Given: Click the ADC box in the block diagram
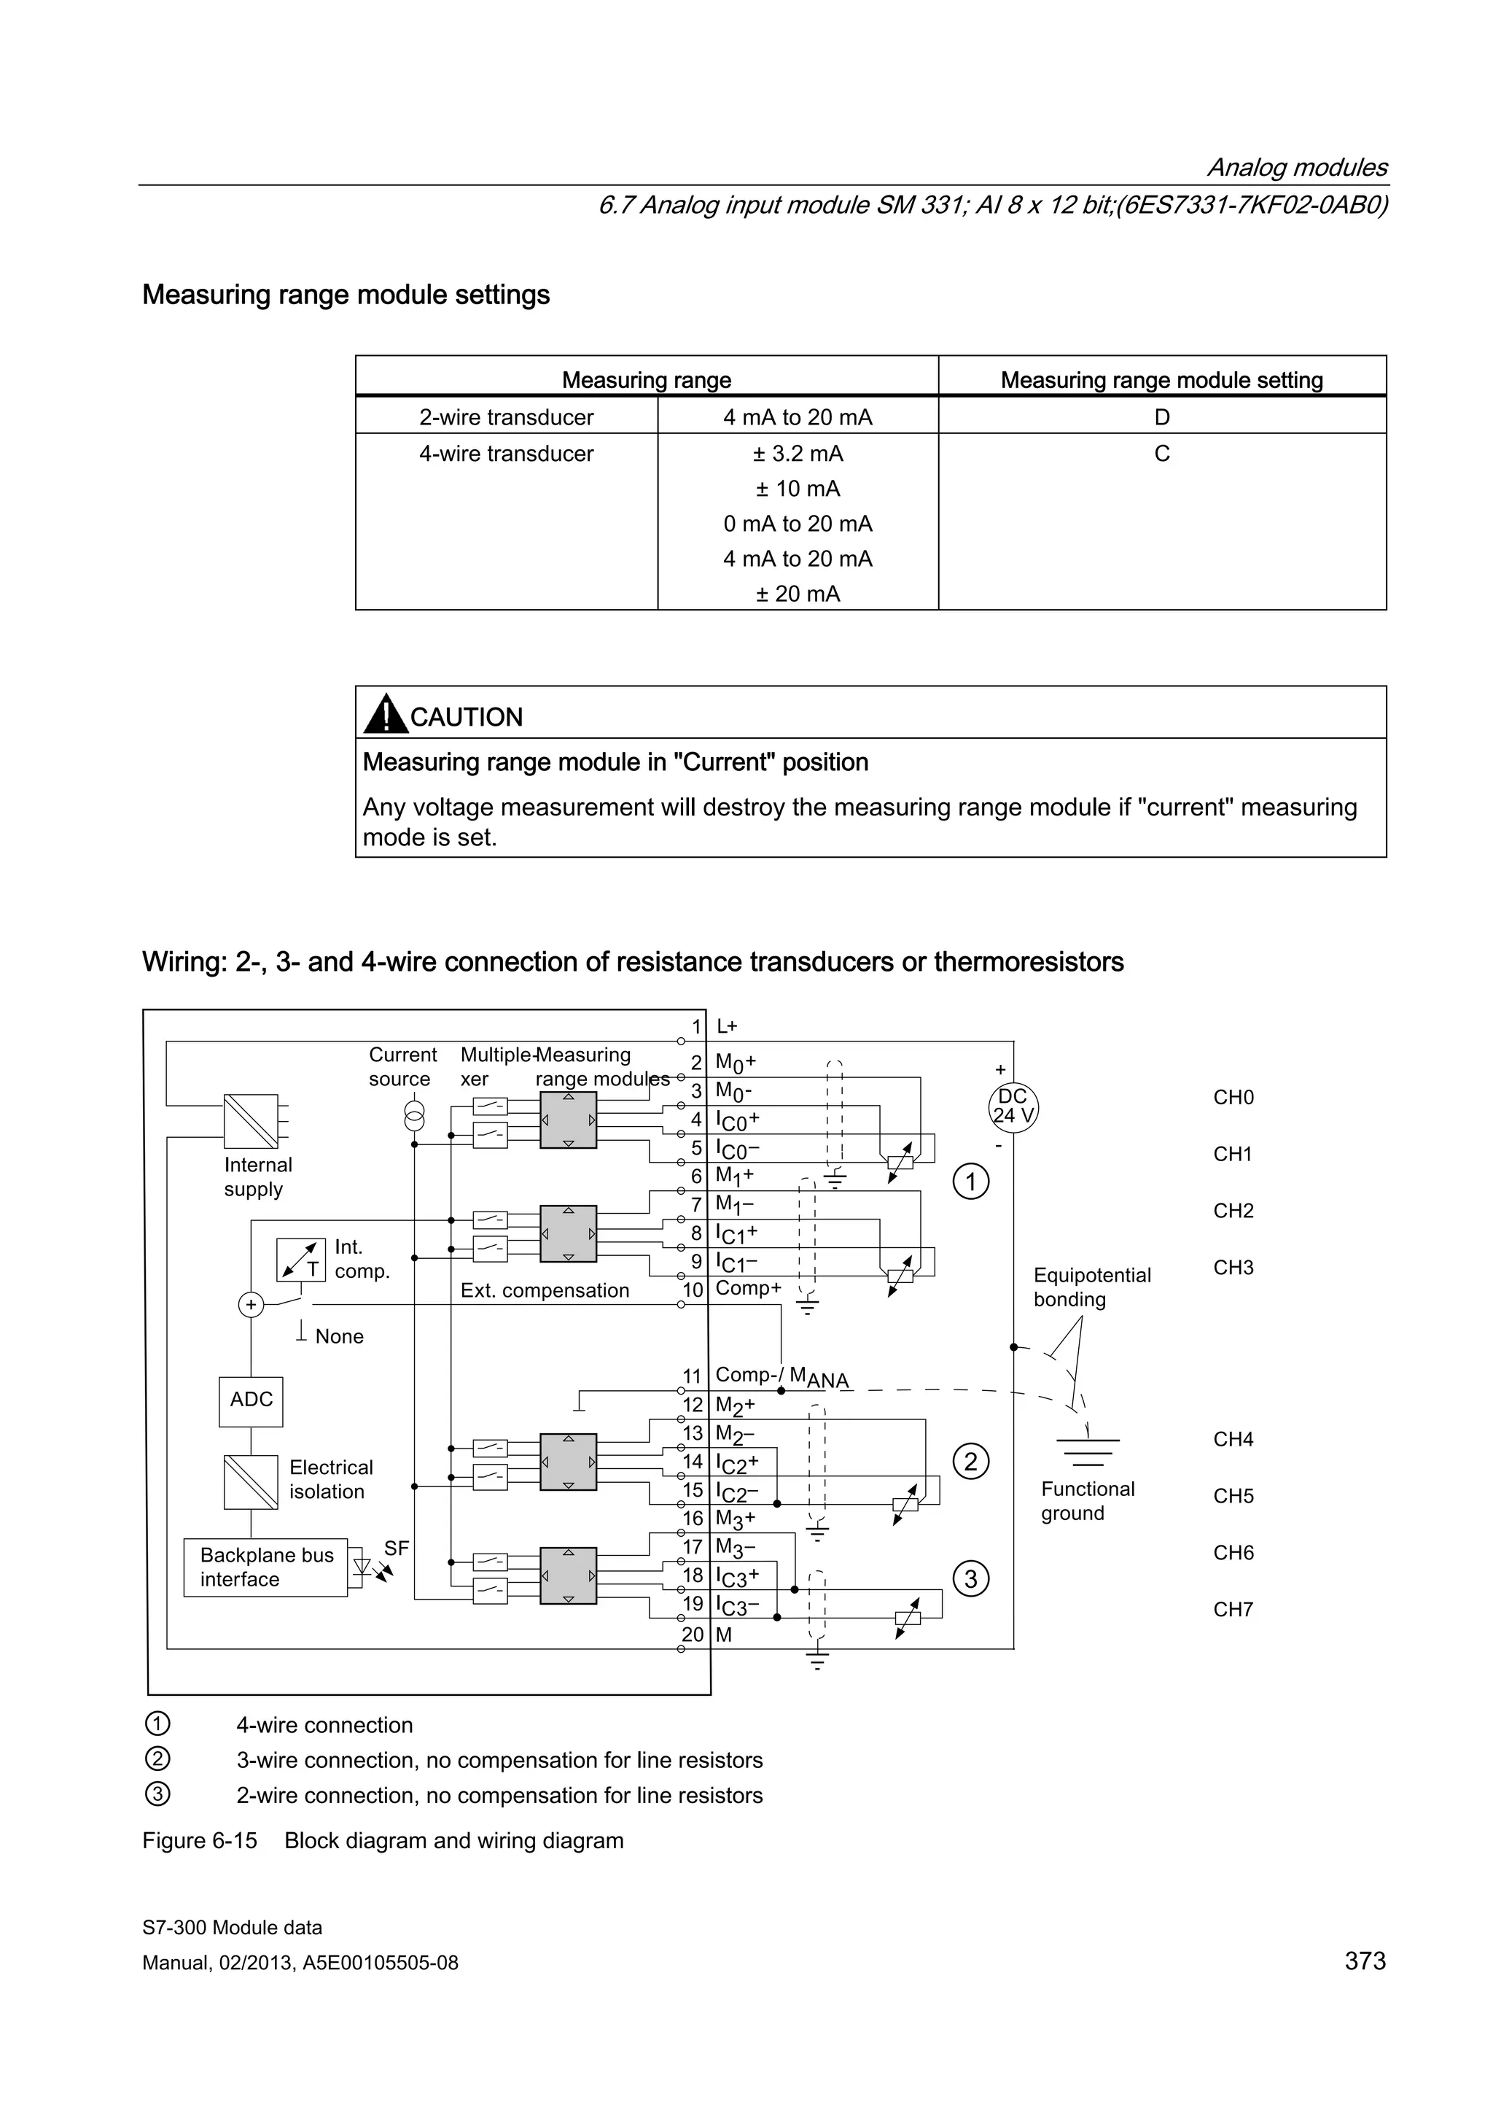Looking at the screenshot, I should tap(250, 1400).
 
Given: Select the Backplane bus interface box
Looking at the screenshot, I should tap(265, 1567).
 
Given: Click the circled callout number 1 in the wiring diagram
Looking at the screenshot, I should tap(972, 1181).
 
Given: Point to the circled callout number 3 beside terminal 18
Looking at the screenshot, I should tap(972, 1579).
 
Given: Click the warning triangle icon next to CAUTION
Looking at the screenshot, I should tap(386, 714).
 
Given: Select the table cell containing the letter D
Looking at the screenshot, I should tap(1162, 417).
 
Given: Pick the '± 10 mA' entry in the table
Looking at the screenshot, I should tap(798, 489).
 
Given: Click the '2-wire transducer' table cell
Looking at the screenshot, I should tap(506, 417).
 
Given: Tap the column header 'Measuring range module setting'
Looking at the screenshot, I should tap(1162, 380).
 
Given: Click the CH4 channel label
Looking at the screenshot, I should tap(1233, 1439).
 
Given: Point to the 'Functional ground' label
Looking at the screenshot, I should tap(1088, 1501).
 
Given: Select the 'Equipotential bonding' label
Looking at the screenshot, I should tap(1092, 1287).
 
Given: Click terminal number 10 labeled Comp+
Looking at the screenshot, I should tap(692, 1290).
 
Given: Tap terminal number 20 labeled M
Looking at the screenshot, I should tap(692, 1635).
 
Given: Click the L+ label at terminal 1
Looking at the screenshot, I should tap(727, 1026).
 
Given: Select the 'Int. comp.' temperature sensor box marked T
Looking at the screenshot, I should tap(301, 1260).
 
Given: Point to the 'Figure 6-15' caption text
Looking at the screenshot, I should tap(200, 1841).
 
